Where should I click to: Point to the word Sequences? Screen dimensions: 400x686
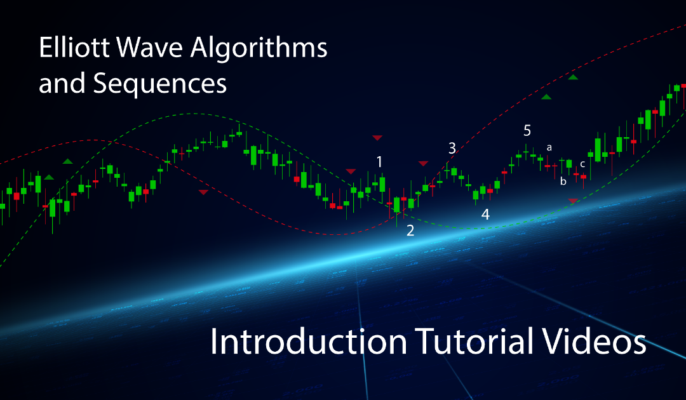coord(160,83)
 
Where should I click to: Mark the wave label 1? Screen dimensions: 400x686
coord(380,162)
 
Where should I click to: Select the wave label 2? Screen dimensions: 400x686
coord(410,230)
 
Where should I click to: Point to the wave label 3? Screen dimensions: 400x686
coord(452,149)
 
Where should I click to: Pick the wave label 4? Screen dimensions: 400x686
coord(485,215)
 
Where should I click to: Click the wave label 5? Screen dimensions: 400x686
coord(527,131)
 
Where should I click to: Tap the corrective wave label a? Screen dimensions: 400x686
coord(549,148)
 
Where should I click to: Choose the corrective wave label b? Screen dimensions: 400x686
coord(563,182)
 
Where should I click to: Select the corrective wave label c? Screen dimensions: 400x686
coord(582,164)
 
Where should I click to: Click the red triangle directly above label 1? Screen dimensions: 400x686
coord(377,137)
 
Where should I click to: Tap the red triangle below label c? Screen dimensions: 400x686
coord(573,201)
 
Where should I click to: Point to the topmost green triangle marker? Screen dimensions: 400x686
coord(573,77)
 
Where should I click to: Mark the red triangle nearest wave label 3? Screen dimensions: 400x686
coord(423,164)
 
